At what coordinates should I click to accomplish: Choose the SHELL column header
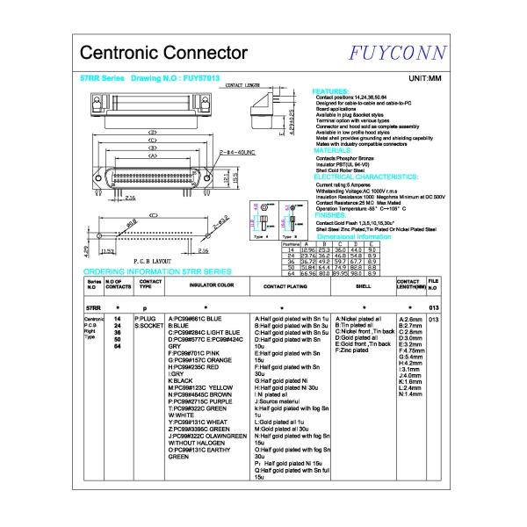click(363, 285)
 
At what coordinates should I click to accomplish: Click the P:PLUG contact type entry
click(145, 318)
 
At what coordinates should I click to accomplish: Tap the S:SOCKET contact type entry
click(149, 325)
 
